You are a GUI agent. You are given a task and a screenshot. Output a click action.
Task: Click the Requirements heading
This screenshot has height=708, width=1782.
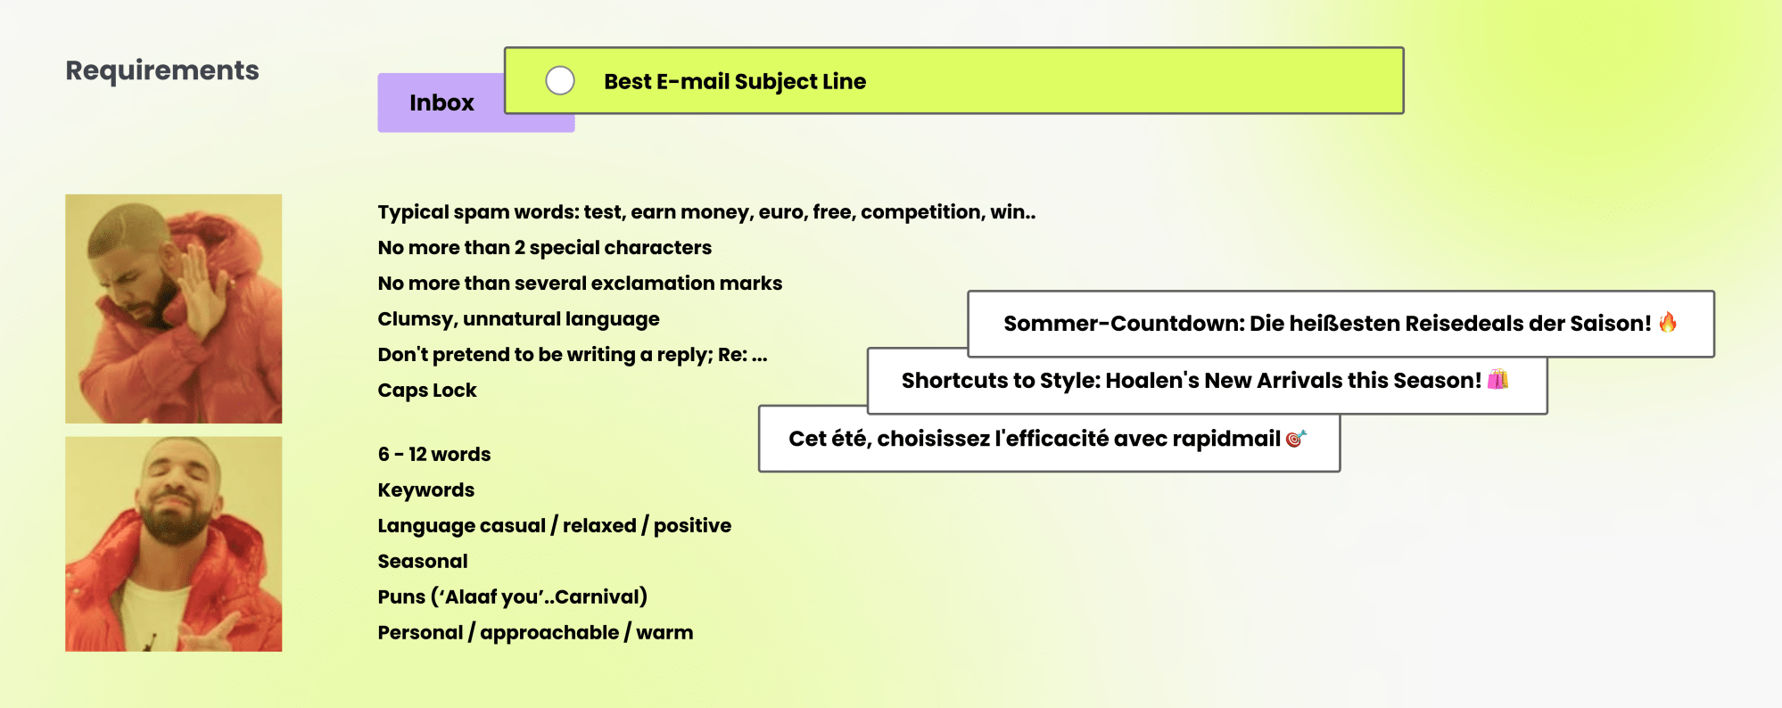click(x=162, y=70)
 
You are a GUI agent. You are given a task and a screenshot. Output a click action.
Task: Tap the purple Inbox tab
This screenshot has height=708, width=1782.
click(x=441, y=103)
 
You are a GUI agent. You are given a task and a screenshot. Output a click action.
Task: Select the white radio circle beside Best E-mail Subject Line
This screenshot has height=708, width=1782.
click(x=560, y=80)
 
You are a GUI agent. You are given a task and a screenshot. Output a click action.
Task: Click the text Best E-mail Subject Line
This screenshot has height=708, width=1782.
click(x=735, y=81)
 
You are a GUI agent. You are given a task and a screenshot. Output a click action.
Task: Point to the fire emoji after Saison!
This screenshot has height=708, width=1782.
click(x=1668, y=322)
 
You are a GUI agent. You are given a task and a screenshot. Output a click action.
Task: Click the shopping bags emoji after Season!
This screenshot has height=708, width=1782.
click(x=1498, y=379)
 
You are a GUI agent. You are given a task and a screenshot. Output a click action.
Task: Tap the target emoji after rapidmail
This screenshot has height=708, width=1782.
click(x=1296, y=438)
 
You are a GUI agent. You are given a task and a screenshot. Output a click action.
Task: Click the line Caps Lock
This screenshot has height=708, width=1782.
click(x=427, y=391)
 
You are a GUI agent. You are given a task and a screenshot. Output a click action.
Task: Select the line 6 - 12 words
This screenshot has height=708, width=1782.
click(x=434, y=455)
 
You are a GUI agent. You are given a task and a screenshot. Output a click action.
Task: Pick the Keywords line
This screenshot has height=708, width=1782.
click(x=426, y=490)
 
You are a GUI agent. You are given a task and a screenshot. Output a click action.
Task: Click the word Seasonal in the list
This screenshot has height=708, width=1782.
click(x=423, y=562)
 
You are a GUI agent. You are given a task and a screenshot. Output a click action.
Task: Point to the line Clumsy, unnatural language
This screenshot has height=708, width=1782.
click(x=519, y=319)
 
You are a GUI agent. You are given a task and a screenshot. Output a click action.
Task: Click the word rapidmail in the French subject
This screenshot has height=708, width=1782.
click(x=1226, y=439)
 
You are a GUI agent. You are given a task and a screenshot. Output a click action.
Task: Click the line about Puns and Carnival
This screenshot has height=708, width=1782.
click(x=513, y=597)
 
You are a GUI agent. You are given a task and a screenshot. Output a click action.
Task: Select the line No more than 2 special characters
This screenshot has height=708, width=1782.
click(x=545, y=248)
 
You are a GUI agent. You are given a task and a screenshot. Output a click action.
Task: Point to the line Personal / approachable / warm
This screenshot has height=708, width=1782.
click(x=535, y=633)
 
